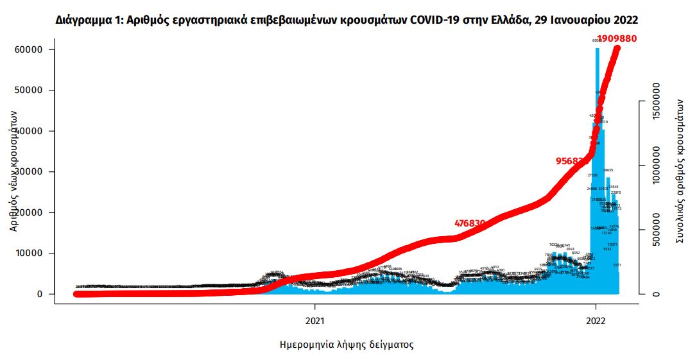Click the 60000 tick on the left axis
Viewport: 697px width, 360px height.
(29, 49)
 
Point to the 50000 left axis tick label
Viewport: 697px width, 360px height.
(29, 90)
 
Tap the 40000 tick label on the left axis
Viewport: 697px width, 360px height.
(29, 131)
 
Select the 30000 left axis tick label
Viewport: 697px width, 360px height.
(29, 172)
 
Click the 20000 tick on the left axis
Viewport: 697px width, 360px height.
(29, 212)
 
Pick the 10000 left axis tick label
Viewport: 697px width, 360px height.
(29, 253)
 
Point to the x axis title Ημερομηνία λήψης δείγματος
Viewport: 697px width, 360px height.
(347, 345)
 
